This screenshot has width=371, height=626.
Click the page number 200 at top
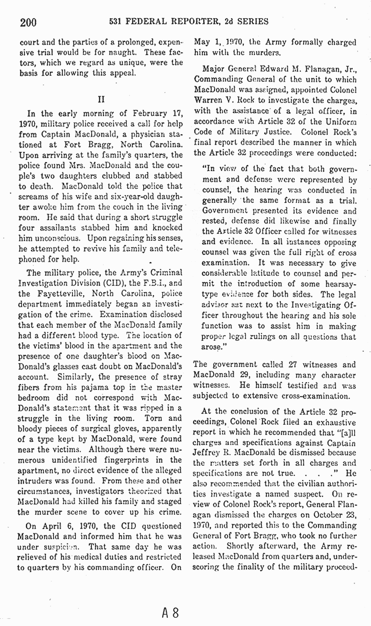pyautogui.click(x=28, y=22)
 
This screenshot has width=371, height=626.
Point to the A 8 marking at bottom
pyautogui.click(x=170, y=612)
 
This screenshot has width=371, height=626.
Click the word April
pyautogui.click(x=50, y=526)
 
